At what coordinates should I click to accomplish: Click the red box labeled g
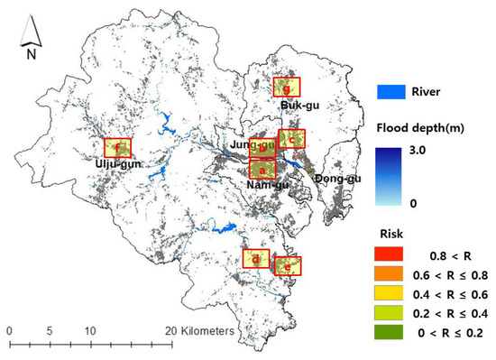[288, 88]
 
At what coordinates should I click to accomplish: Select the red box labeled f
[117, 147]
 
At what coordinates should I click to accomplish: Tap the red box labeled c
[292, 138]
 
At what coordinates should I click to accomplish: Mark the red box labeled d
[257, 259]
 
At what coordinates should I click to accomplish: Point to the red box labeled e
[288, 266]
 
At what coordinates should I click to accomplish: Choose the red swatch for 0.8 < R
[390, 255]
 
